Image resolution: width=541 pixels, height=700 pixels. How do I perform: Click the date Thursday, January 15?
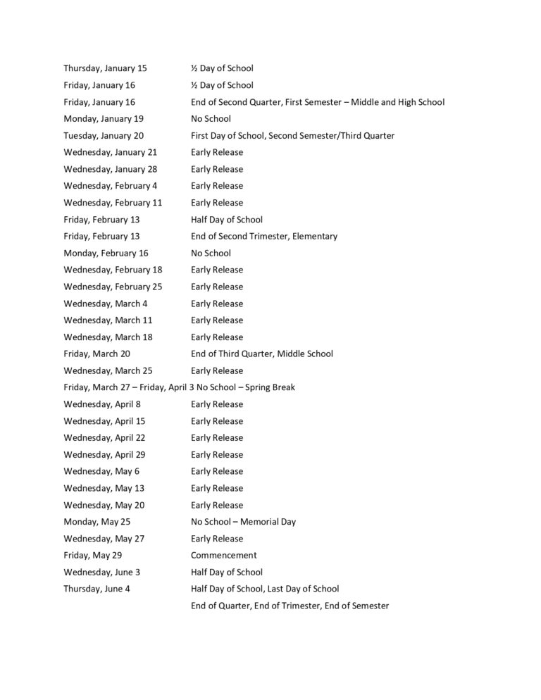105,68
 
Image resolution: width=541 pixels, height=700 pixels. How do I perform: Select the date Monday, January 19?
103,119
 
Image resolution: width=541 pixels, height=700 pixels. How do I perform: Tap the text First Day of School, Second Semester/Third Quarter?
292,136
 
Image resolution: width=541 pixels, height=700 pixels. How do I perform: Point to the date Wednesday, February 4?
111,186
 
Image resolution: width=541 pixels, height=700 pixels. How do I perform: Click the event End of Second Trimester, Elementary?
263,237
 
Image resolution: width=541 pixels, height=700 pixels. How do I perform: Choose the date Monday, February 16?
106,254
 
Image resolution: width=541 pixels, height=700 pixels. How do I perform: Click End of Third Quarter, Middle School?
261,354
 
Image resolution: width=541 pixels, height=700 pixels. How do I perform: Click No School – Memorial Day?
243,522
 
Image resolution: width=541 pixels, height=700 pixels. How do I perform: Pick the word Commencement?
223,556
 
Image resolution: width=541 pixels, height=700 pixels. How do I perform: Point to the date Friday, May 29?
92,556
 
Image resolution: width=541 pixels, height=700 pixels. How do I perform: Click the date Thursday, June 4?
97,589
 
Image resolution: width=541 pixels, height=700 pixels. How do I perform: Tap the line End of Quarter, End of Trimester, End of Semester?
290,606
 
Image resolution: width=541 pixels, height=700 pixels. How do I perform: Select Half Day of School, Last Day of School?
264,589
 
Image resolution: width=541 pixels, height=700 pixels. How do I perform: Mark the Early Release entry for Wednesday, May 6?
216,472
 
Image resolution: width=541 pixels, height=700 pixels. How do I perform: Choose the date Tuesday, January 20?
104,136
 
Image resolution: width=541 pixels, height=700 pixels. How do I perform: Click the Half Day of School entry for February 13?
226,220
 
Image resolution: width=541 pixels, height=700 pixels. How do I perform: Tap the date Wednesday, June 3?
103,573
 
